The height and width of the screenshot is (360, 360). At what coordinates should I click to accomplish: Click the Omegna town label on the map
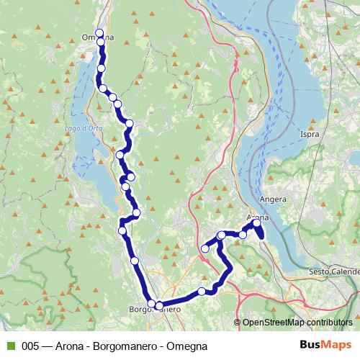click(x=98, y=38)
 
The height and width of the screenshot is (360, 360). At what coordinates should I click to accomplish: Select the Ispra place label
click(x=310, y=135)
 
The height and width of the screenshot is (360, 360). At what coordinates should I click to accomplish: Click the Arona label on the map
click(x=257, y=217)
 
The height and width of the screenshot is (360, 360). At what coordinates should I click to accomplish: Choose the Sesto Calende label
click(x=333, y=271)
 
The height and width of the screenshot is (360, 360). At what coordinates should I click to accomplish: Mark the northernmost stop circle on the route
click(x=99, y=32)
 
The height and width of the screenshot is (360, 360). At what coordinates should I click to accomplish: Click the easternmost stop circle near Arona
click(x=257, y=223)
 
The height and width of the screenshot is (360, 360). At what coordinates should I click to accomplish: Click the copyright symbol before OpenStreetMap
click(x=238, y=323)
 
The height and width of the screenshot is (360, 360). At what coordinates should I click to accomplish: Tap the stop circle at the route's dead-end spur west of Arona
click(x=205, y=248)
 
